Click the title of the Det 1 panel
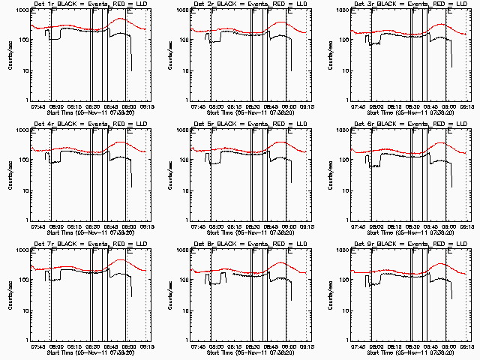[x=91, y=5]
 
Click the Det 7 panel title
[x=91, y=244]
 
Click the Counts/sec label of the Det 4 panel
[x=10, y=175]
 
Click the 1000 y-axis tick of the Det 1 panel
[x=22, y=11]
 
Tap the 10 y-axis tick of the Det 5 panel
[x=183, y=190]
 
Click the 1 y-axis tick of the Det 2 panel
[x=184, y=100]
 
